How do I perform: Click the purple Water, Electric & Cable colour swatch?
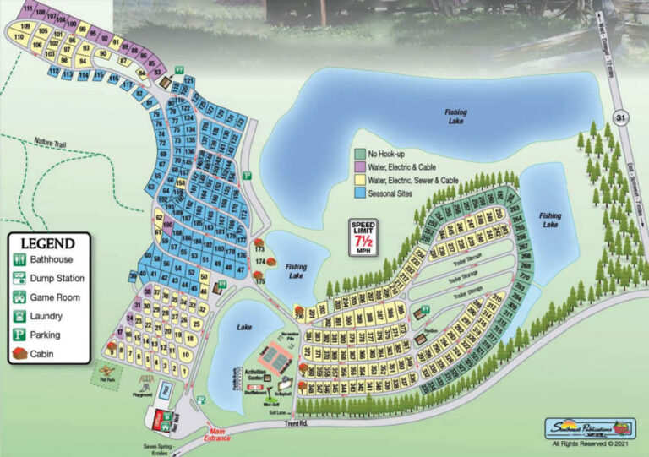point(359,167)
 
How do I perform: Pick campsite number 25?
point(197,324)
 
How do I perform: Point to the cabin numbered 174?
point(260,262)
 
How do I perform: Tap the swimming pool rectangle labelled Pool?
point(166,392)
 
